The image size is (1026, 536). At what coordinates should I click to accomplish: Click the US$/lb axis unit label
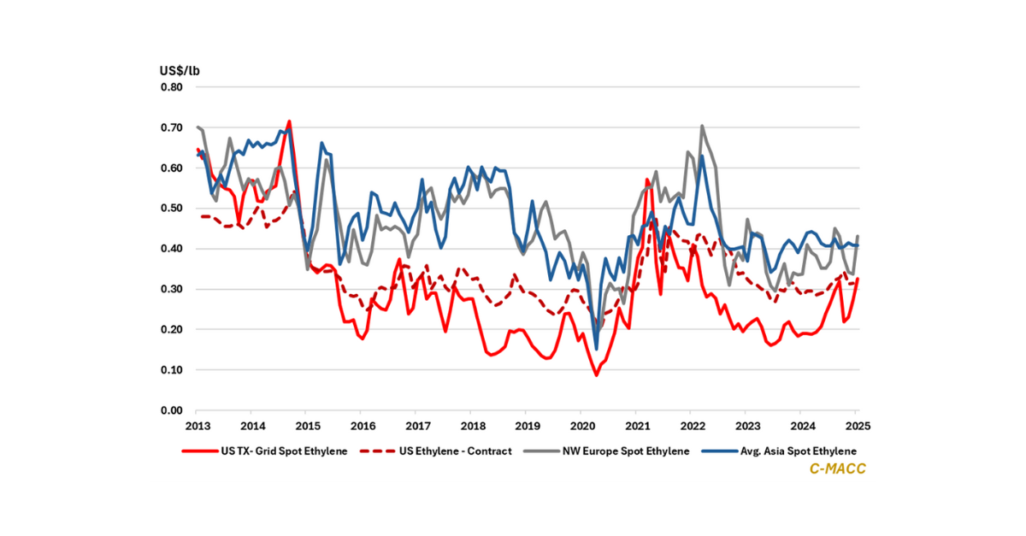click(x=180, y=70)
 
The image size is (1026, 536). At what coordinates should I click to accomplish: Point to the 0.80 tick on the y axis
click(x=171, y=87)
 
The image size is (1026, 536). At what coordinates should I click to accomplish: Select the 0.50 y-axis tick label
click(x=171, y=209)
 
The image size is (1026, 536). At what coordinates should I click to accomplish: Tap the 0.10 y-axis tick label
click(x=171, y=370)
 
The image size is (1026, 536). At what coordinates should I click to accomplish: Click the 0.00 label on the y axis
click(x=171, y=410)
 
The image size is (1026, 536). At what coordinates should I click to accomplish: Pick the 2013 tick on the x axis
click(x=198, y=426)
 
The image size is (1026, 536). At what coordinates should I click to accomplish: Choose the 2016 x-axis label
click(x=363, y=426)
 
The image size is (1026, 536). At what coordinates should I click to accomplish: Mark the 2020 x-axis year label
click(x=581, y=426)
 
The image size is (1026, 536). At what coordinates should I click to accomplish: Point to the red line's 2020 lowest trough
click(x=597, y=374)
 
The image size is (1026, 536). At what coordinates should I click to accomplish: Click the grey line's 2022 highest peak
click(x=702, y=126)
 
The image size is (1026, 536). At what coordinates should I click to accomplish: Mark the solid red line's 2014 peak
click(x=289, y=121)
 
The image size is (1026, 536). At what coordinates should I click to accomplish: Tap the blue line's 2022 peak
click(x=702, y=156)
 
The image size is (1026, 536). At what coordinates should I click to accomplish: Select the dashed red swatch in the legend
click(x=380, y=451)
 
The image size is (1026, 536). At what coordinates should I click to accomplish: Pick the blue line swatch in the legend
click(x=720, y=451)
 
